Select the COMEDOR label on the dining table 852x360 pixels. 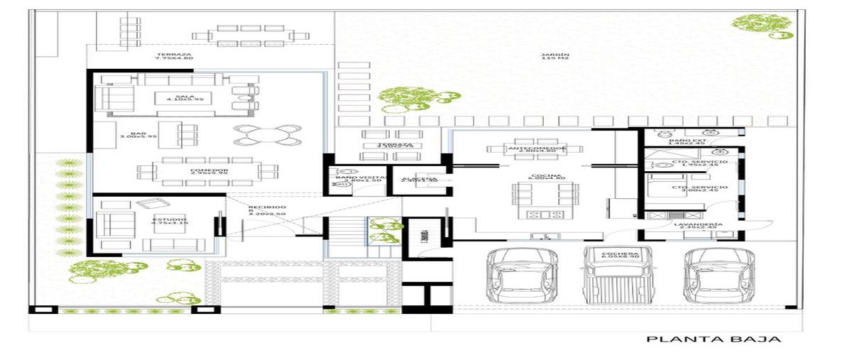pos(209,171)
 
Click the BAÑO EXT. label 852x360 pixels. pos(688,142)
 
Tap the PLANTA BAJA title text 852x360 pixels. pos(713,339)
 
